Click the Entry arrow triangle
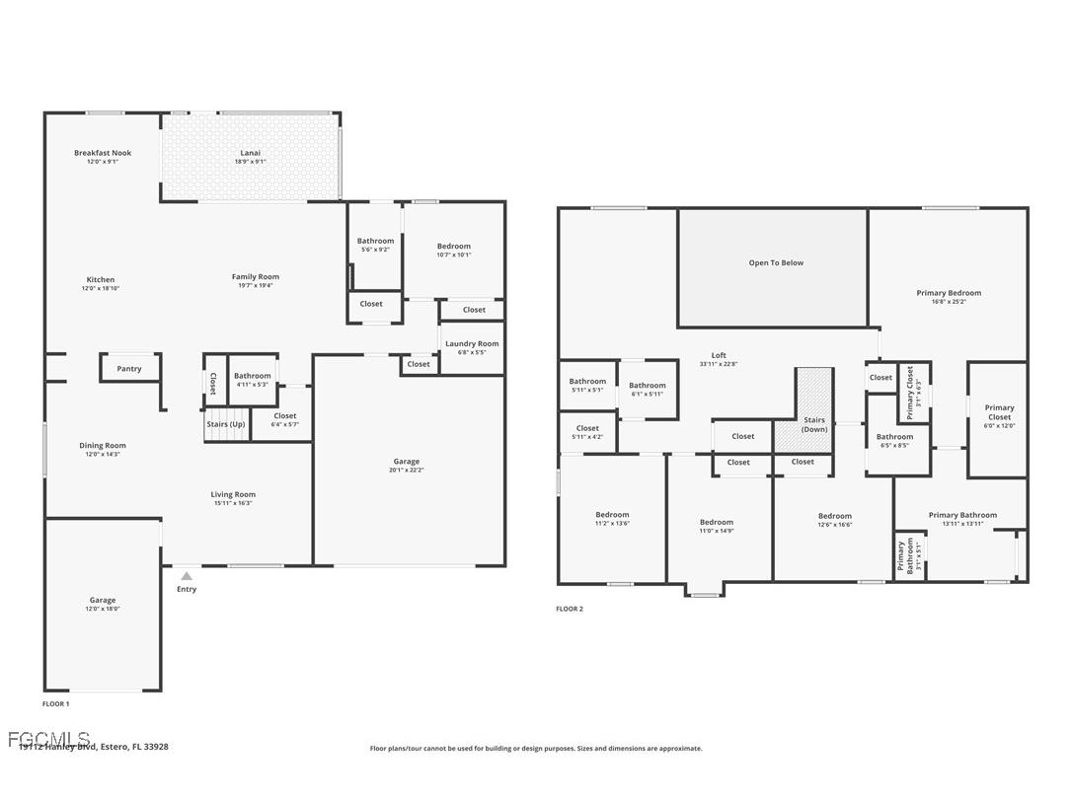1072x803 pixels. tap(187, 576)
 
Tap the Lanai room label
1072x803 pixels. tap(251, 153)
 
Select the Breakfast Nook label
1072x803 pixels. tap(103, 153)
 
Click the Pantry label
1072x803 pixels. tap(129, 369)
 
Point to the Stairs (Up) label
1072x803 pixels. tap(226, 424)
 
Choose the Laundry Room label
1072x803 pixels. tap(472, 343)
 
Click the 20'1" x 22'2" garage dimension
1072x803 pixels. tap(407, 471)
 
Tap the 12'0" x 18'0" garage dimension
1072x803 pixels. tap(103, 609)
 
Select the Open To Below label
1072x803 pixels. tap(776, 263)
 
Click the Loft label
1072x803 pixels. tap(719, 355)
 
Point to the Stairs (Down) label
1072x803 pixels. tap(814, 425)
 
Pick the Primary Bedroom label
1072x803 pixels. tap(949, 293)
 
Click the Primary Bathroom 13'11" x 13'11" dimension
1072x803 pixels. tap(962, 524)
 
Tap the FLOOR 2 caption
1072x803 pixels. tap(570, 609)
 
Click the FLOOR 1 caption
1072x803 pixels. tap(55, 704)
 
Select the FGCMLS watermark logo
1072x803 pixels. tap(47, 738)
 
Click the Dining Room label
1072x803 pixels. tap(103, 446)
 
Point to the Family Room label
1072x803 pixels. tap(256, 277)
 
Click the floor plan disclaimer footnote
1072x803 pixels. tap(536, 749)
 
